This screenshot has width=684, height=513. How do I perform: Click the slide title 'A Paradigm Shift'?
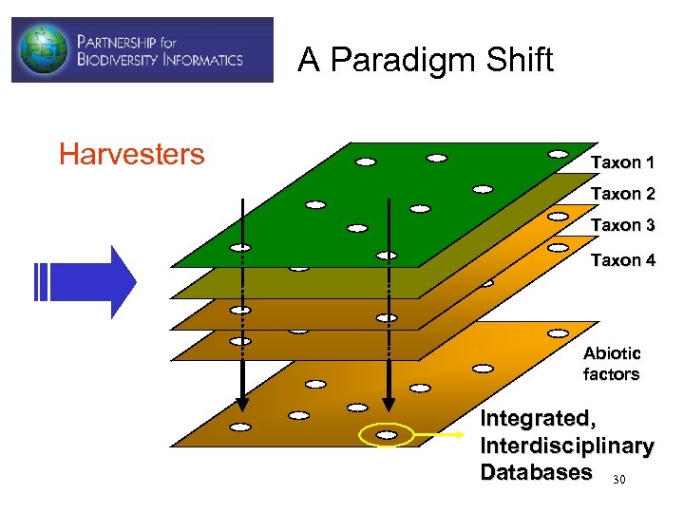pyautogui.click(x=425, y=60)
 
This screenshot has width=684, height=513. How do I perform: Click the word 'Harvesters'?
pyautogui.click(x=131, y=154)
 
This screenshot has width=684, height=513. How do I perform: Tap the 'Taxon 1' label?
pyautogui.click(x=622, y=162)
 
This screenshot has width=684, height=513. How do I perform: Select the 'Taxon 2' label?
pyautogui.click(x=622, y=194)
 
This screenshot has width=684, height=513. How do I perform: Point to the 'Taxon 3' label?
pyautogui.click(x=622, y=225)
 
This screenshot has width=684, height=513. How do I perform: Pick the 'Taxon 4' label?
pyautogui.click(x=622, y=259)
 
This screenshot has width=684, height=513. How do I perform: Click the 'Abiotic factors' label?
pyautogui.click(x=611, y=364)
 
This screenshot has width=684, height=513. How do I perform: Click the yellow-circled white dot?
pyautogui.click(x=387, y=434)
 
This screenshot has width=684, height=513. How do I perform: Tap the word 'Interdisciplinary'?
pyautogui.click(x=566, y=446)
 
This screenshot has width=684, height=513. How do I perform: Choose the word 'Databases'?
pyautogui.click(x=537, y=472)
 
